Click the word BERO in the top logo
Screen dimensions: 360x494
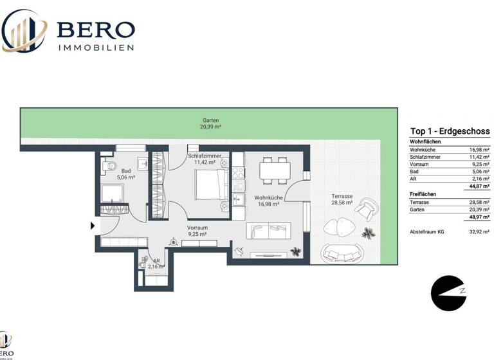[96, 30]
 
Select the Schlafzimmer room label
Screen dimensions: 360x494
[205, 156]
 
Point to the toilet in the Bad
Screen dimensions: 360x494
[107, 168]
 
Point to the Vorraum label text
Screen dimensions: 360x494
[196, 228]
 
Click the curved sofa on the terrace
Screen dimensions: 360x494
[343, 254]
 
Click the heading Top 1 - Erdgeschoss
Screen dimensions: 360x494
[450, 131]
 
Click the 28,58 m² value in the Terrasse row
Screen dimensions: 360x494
[479, 202]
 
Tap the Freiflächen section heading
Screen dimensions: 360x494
[423, 194]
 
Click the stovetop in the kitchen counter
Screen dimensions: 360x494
[239, 172]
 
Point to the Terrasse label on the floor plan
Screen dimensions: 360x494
[342, 195]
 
